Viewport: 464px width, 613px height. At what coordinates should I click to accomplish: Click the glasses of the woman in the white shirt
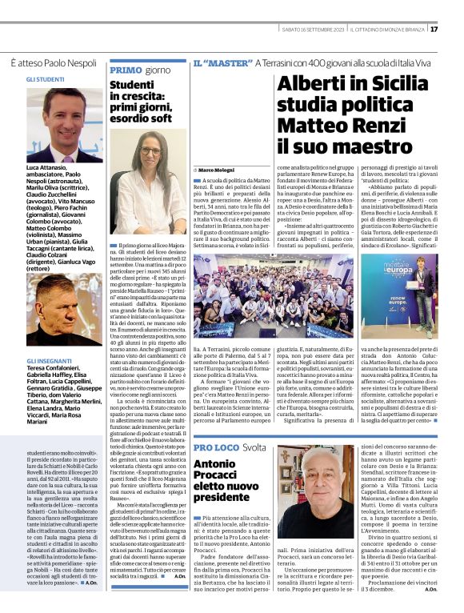pyautogui.click(x=150, y=150)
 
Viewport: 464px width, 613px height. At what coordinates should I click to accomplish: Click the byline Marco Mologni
pyautogui.click(x=214, y=170)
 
